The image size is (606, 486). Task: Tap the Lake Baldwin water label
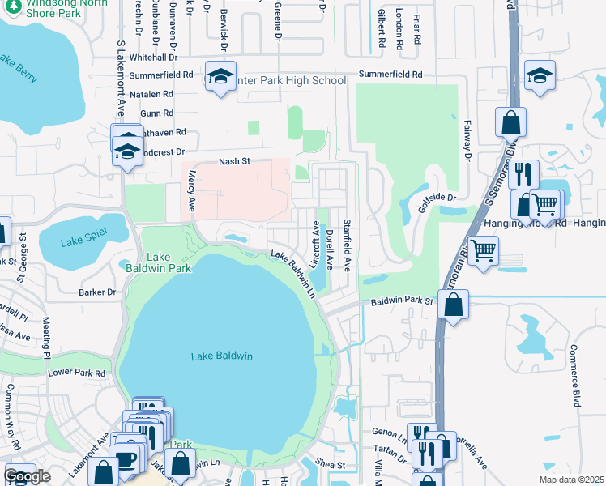222,356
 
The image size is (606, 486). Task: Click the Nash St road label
234,162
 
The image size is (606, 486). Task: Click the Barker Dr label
97,292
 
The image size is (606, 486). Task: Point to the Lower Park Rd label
77,373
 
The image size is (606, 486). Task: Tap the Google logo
27,476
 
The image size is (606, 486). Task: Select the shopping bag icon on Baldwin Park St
454,306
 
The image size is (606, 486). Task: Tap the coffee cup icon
126,459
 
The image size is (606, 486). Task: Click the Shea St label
331,465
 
